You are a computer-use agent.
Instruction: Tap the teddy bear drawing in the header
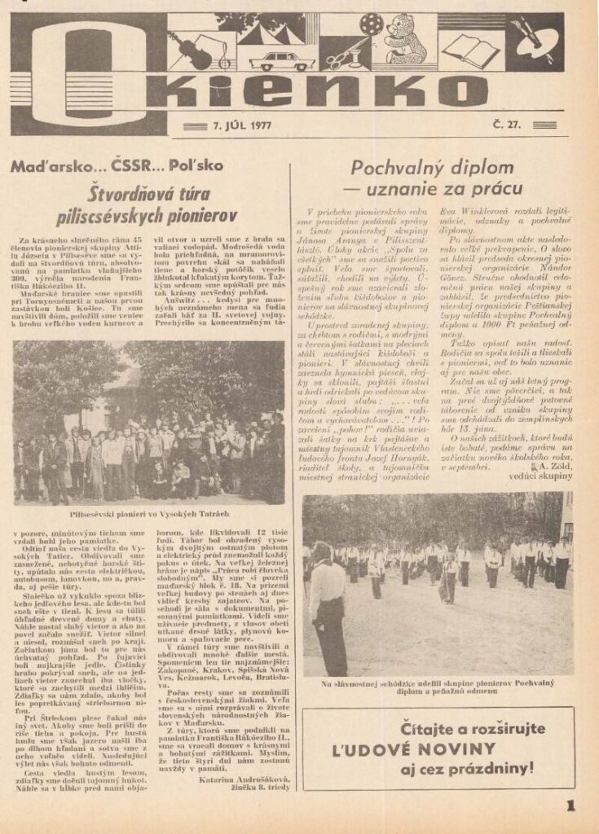[405, 39]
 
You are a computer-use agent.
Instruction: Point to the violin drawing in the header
[192, 50]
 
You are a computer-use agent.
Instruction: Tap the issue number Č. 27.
[507, 125]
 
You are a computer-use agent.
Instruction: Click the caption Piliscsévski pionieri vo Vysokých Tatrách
[148, 515]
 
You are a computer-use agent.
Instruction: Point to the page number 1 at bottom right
[569, 807]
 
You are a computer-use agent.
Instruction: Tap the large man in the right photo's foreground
[329, 603]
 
